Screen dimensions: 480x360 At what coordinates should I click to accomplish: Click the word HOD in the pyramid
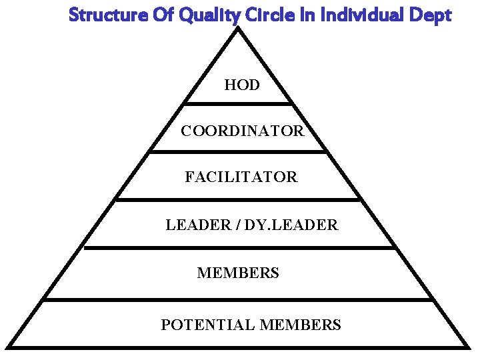[242, 85]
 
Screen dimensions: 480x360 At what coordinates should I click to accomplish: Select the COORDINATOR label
[242, 131]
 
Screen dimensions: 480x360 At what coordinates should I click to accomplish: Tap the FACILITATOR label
[241, 177]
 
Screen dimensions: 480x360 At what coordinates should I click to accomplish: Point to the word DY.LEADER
[291, 225]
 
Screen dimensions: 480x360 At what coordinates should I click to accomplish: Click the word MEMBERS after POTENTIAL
[300, 325]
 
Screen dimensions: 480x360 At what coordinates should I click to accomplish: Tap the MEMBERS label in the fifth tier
[238, 273]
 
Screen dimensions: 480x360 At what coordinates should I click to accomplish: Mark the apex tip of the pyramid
[238, 29]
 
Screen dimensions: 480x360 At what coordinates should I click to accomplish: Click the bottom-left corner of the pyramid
[9, 345]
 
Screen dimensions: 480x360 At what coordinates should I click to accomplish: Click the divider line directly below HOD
[238, 103]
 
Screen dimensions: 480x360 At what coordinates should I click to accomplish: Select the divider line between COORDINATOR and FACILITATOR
[238, 151]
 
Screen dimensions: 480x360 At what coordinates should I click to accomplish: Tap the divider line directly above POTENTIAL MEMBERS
[238, 300]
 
